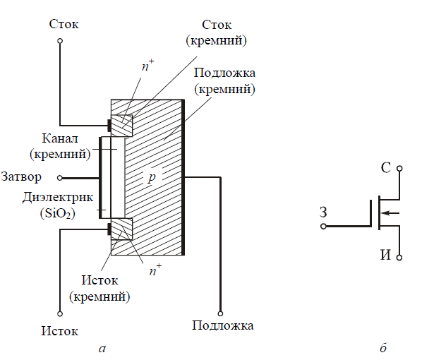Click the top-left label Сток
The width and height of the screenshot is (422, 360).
click(x=64, y=24)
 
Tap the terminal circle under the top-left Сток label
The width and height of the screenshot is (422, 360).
click(x=61, y=42)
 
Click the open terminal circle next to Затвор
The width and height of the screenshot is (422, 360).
click(x=60, y=178)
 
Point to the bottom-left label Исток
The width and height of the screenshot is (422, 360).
click(x=60, y=330)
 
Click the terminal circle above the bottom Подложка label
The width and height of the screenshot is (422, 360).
click(x=221, y=313)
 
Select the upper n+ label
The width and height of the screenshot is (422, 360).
click(x=147, y=68)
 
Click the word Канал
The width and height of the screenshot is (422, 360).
click(x=49, y=138)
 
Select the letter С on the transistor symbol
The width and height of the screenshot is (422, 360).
click(x=385, y=168)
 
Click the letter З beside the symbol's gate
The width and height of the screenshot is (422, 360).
click(x=322, y=212)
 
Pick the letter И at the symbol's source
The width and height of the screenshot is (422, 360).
click(x=385, y=255)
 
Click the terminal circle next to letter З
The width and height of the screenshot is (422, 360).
click(x=324, y=227)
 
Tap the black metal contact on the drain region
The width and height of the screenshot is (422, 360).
click(x=110, y=126)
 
